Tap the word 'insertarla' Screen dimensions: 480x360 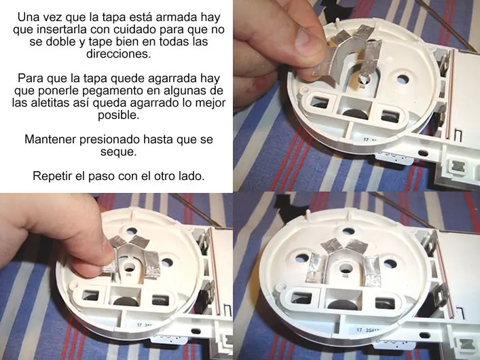(62, 29)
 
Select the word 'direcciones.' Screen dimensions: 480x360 (119, 54)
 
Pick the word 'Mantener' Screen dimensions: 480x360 (50, 139)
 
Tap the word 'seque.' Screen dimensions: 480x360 (118, 152)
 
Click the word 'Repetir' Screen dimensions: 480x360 (50, 176)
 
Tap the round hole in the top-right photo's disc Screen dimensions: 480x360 (403, 79)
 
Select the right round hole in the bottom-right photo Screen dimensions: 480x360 (390, 264)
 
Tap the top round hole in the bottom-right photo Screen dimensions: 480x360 (349, 232)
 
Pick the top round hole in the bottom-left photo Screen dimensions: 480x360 (131, 230)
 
